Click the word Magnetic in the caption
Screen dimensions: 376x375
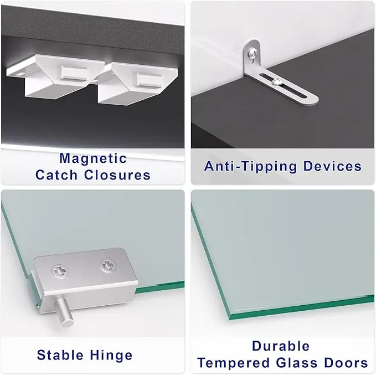pos(93,158)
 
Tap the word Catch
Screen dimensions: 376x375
pos(56,174)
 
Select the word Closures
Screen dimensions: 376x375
pos(117,174)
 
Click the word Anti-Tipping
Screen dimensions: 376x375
pos(251,167)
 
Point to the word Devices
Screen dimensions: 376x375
pos(333,166)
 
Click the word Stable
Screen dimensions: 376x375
pos(60,355)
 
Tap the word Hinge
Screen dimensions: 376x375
pos(111,355)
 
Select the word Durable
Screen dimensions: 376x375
pos(281,346)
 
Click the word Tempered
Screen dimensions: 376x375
pos(234,363)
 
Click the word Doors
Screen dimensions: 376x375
pos(346,362)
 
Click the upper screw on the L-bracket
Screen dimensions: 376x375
pos(254,53)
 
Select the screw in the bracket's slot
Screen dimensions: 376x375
pos(276,83)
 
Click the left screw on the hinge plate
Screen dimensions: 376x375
pos(60,271)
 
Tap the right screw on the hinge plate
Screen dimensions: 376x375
pos(108,265)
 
